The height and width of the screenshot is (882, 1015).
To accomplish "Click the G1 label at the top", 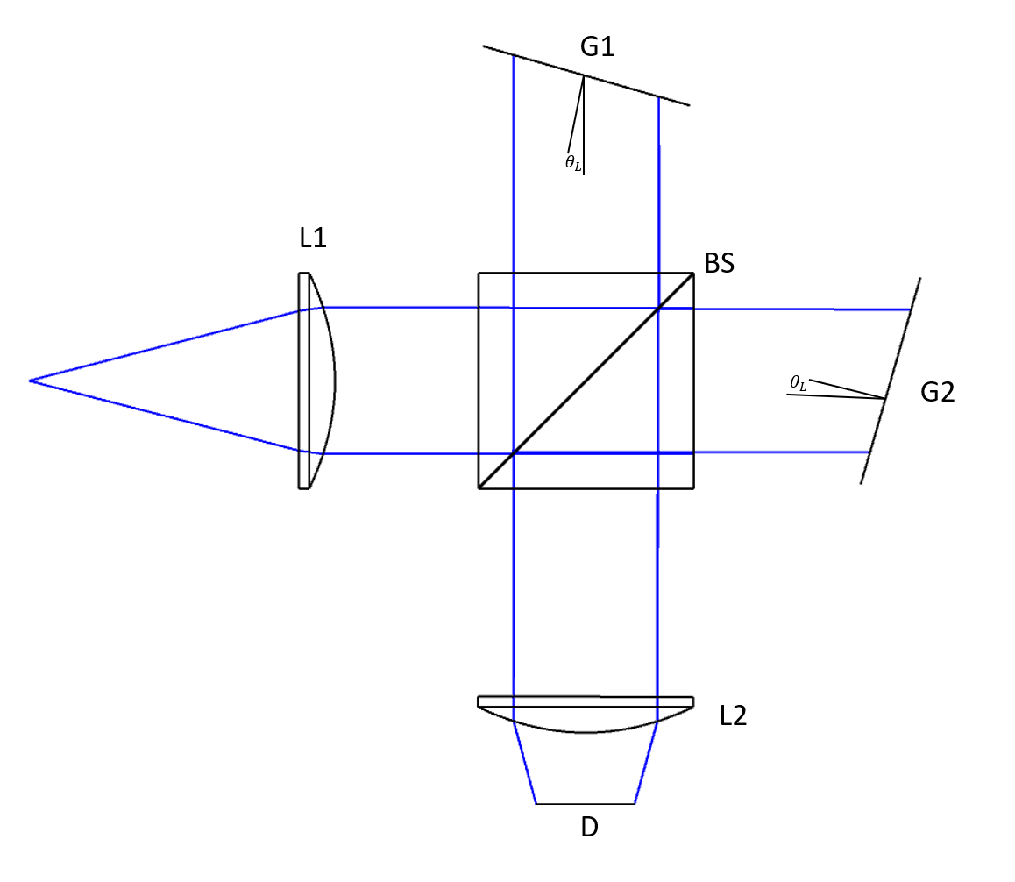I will click(597, 46).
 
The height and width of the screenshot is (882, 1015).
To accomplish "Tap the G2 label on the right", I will click(937, 392).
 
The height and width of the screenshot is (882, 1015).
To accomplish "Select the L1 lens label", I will click(313, 238).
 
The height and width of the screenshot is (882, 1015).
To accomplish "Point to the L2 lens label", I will click(733, 716).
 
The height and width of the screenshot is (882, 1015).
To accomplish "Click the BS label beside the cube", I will click(719, 263).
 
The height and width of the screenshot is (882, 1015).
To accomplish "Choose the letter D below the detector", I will click(589, 827).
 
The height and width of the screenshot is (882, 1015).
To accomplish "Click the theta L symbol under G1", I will click(573, 162).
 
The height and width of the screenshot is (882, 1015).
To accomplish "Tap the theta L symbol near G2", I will click(798, 382).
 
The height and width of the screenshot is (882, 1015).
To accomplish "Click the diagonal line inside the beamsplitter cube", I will click(586, 381).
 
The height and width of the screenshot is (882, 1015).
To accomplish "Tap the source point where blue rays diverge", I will click(30, 381).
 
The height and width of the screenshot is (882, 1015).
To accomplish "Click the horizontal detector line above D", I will click(585, 804).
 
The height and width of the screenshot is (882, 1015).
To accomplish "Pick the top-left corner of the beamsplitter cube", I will click(479, 274).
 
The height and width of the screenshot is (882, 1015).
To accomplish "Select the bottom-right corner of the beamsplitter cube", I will click(693, 487).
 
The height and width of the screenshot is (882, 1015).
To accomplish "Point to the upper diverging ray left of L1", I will click(167, 345).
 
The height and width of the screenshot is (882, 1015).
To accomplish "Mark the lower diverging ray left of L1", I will click(167, 416).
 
